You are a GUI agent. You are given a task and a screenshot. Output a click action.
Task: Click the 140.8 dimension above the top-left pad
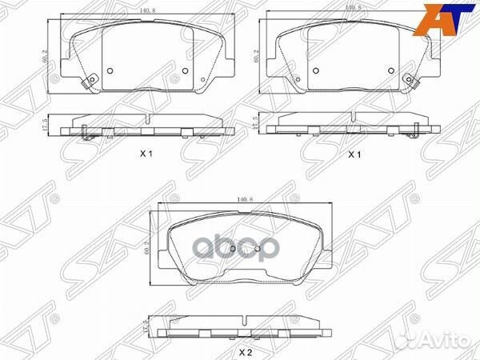[x=145, y=10]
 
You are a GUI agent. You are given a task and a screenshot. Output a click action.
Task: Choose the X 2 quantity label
[x=246, y=349]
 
